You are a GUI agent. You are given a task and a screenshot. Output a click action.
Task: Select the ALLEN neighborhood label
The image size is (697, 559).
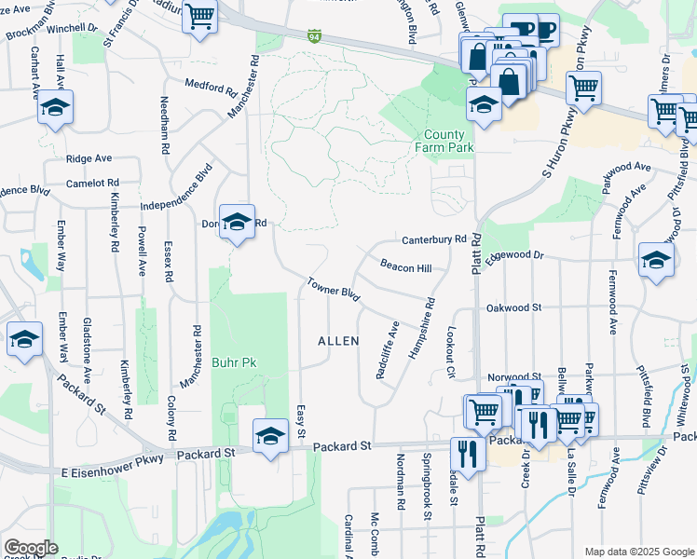[338, 342]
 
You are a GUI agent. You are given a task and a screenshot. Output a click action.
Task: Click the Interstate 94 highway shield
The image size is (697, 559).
[315, 36]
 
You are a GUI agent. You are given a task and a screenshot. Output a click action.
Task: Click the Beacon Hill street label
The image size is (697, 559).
[405, 267]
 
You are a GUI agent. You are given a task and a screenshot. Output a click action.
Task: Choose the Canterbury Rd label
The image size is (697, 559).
[433, 239]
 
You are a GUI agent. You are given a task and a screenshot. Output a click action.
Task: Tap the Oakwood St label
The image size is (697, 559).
[513, 307]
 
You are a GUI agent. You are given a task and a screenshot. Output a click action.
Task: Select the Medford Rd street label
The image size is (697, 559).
[211, 89]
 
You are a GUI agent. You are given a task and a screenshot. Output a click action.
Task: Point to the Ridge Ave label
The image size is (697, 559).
[89, 159]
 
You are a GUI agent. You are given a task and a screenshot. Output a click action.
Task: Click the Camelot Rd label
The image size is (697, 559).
[93, 184]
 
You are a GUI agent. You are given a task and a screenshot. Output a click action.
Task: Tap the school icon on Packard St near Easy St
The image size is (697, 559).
[270, 435]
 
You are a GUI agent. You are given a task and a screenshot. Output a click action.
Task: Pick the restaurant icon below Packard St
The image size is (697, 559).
[467, 453]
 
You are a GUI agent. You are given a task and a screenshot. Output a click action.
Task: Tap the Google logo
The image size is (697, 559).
[31, 548]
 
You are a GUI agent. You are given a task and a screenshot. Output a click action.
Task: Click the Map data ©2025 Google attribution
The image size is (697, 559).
[638, 551]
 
